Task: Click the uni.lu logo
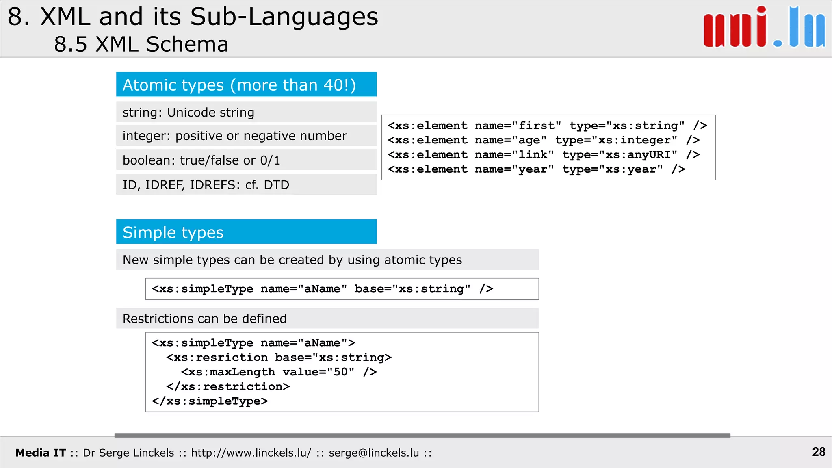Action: (764, 28)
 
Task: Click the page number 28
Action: (819, 452)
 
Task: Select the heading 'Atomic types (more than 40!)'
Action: (239, 85)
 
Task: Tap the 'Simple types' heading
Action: (173, 232)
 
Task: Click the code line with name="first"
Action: (547, 126)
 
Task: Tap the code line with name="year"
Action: (536, 169)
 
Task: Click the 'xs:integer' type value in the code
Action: (634, 140)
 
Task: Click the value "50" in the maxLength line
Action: (340, 372)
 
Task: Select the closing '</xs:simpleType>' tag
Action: (210, 401)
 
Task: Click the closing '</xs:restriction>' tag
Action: (228, 387)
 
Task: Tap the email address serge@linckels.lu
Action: (374, 453)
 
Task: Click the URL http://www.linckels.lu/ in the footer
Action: (251, 453)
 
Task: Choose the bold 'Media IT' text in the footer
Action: (41, 453)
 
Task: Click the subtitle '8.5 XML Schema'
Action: (141, 44)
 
